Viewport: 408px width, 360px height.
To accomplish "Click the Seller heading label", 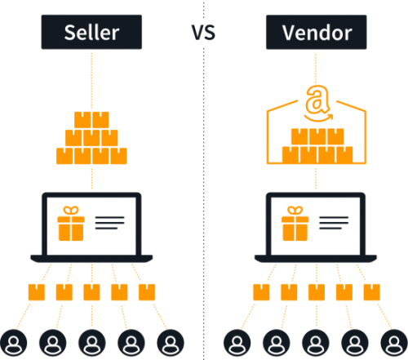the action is pyautogui.click(x=91, y=32).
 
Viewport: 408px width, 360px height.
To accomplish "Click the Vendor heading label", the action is pyautogui.click(x=317, y=32).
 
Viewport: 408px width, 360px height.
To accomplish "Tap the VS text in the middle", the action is pyautogui.click(x=203, y=33).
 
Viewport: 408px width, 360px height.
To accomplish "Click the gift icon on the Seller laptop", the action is pyautogui.click(x=71, y=224).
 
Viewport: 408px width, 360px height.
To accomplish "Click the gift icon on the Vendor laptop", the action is pyautogui.click(x=295, y=224).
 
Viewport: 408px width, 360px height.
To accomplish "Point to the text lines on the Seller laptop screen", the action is pyautogui.click(x=109, y=223).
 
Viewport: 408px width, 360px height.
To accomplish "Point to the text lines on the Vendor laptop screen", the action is pyautogui.click(x=334, y=223).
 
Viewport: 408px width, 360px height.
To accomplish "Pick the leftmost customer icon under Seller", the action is pyautogui.click(x=13, y=343).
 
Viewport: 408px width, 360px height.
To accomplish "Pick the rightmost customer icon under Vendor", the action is pyautogui.click(x=394, y=343).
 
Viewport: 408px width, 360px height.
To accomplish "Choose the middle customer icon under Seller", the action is pyautogui.click(x=92, y=343).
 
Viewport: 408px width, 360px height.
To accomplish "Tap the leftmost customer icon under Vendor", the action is pyautogui.click(x=237, y=343).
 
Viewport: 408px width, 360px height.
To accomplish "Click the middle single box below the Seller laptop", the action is pyautogui.click(x=91, y=292).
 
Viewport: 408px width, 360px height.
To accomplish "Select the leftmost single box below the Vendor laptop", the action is pyautogui.click(x=261, y=292).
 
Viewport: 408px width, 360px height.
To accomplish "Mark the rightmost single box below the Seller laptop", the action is pyautogui.click(x=147, y=292).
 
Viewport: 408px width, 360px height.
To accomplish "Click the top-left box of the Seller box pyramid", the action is pyautogui.click(x=82, y=120).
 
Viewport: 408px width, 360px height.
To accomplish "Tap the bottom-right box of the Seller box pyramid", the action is pyautogui.click(x=118, y=156).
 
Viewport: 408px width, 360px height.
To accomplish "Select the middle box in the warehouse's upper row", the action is pyautogui.click(x=317, y=136).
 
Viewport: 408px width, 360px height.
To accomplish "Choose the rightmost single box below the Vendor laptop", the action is pyautogui.click(x=372, y=292).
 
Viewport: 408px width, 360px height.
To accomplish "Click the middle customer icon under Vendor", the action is pyautogui.click(x=316, y=343).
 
